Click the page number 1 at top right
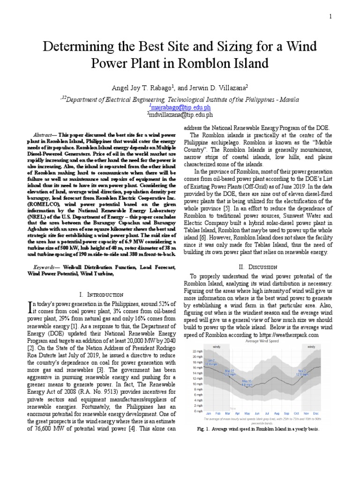tap(330, 17)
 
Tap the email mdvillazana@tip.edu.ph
tap(180, 114)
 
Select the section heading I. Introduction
tap(102, 294)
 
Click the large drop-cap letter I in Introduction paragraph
tap(30, 307)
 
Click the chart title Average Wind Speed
tap(262, 342)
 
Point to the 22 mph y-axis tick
tap(197, 351)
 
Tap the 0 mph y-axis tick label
tap(198, 411)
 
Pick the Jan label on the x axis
tap(209, 414)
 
